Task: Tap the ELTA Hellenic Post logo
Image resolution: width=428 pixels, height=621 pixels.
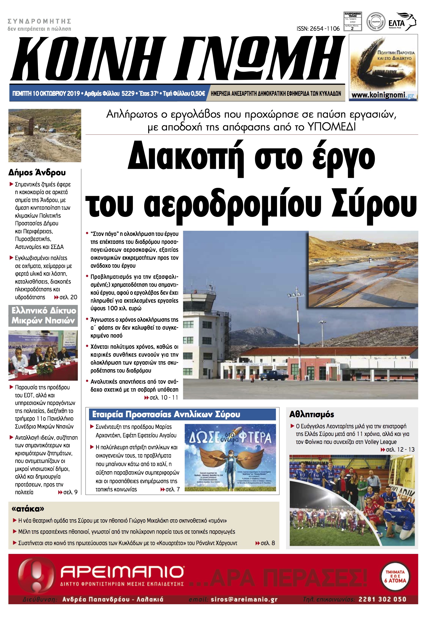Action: pos(402,22)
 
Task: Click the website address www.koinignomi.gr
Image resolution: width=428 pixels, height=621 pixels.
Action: pos(383,95)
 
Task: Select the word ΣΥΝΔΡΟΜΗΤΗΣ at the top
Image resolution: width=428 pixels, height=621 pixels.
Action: pos(40,21)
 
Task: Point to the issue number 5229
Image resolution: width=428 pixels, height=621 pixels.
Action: pos(128,94)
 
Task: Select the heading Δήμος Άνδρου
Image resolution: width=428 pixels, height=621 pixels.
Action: pos(37,173)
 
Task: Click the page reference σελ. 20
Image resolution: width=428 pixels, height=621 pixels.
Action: pos(68,297)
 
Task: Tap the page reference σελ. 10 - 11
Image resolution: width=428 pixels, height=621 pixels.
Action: pos(164,398)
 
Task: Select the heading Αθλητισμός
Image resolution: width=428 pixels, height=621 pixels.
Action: pos(311,414)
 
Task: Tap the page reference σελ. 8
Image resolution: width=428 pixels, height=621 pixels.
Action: pos(267,543)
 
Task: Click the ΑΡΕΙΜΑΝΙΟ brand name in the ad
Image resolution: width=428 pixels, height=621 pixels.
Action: pos(122,572)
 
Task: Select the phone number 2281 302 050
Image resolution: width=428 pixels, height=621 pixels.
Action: pos(382,599)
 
